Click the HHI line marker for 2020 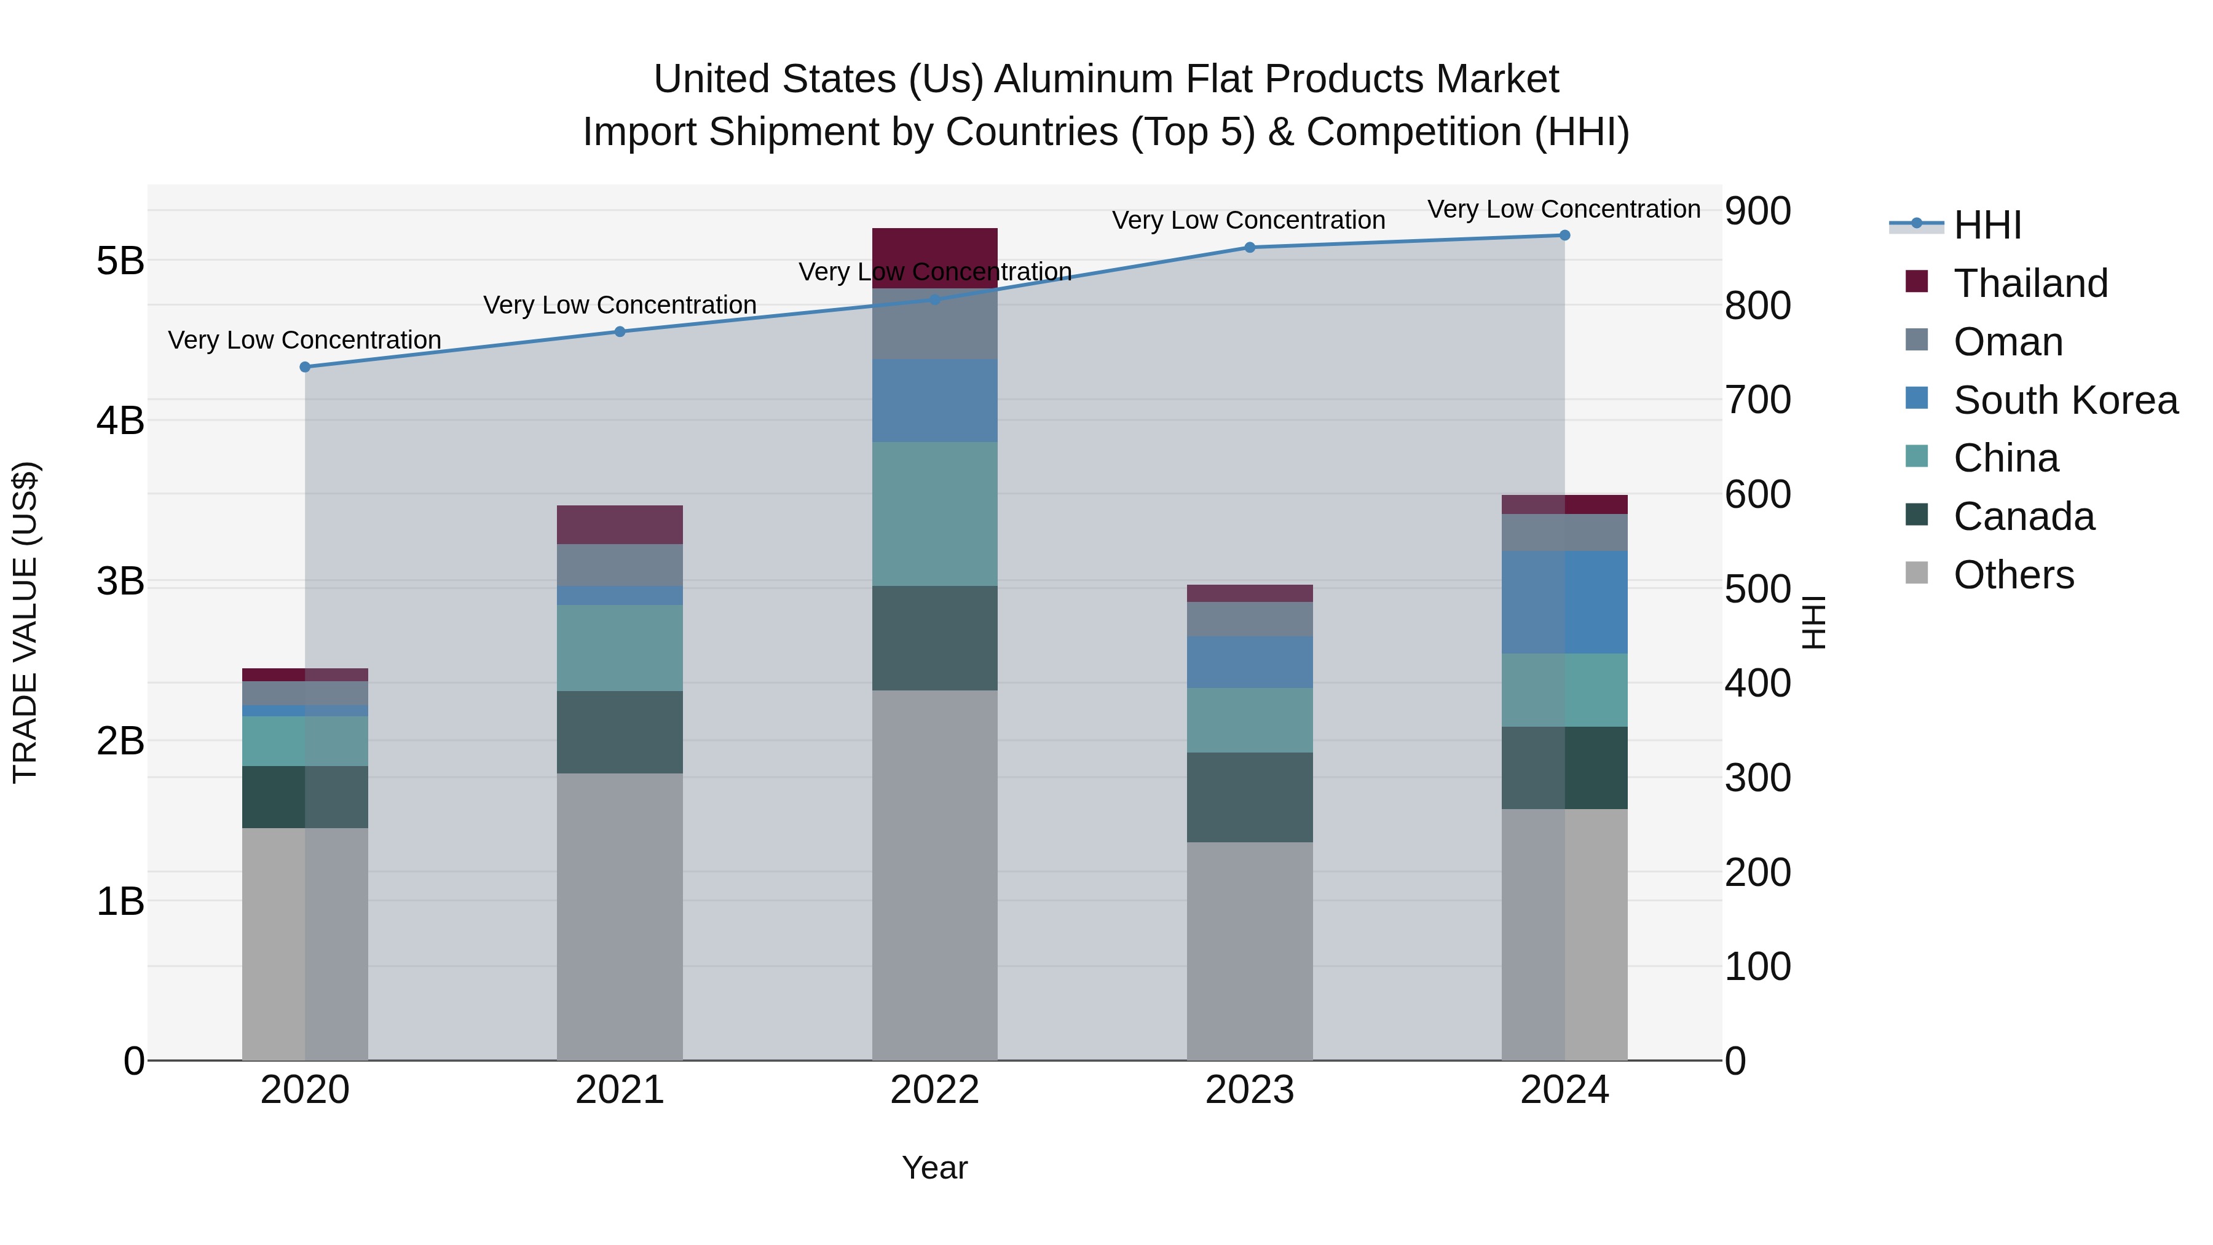coord(305,367)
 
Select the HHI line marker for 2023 coord(1250,247)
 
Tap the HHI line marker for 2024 coord(1564,235)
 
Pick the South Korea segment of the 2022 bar coord(934,400)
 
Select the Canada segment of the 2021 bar coord(620,732)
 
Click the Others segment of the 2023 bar coord(1250,951)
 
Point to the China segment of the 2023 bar coord(1250,720)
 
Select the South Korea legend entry coord(2065,400)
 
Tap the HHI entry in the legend coord(1987,225)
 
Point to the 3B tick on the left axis coord(120,582)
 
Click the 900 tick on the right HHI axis coord(1757,211)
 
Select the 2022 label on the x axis coord(934,1090)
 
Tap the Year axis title coord(934,1168)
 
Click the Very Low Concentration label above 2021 coord(620,305)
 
